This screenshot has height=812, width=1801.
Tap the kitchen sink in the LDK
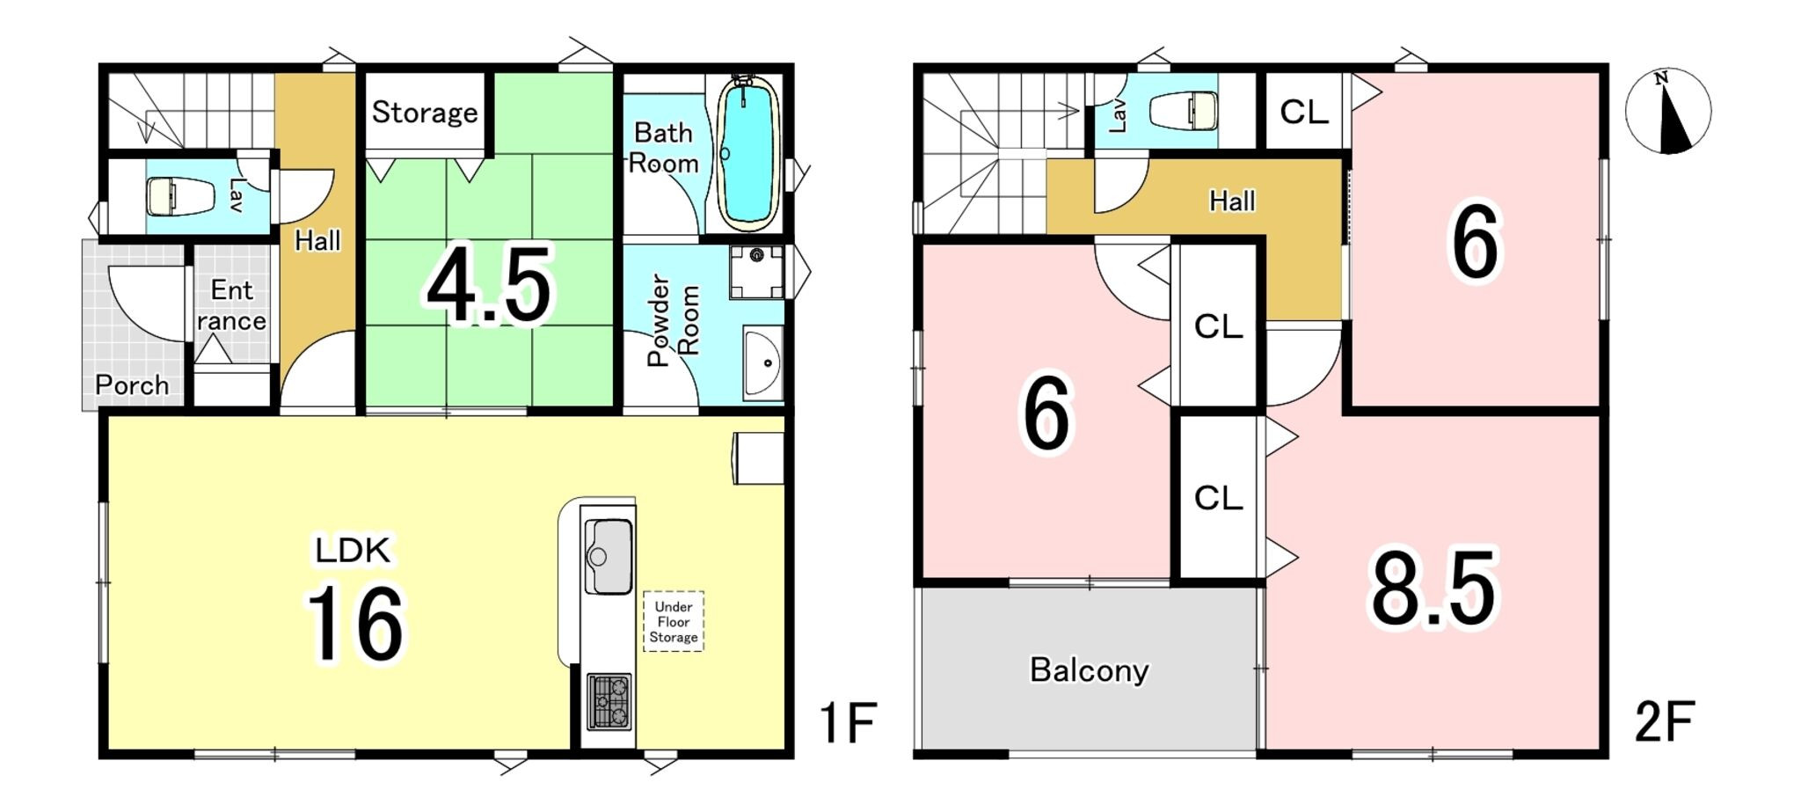(609, 556)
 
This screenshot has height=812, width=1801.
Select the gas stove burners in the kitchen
(609, 701)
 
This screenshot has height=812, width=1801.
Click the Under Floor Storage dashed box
(674, 621)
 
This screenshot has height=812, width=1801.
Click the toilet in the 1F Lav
(180, 196)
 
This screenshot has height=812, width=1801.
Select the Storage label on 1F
(425, 113)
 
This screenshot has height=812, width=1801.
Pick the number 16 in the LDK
(355, 623)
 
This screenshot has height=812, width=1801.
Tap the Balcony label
(1090, 670)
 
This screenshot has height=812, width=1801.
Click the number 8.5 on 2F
(1433, 588)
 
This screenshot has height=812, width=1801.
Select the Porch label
(132, 385)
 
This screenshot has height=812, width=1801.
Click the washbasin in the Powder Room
(763, 362)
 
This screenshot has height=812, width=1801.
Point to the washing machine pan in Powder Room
(756, 273)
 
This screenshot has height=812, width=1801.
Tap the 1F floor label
(848, 722)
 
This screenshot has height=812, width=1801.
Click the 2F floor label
(1665, 722)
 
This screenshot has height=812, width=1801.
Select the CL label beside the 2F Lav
(1304, 112)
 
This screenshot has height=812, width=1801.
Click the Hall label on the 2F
(1232, 201)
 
